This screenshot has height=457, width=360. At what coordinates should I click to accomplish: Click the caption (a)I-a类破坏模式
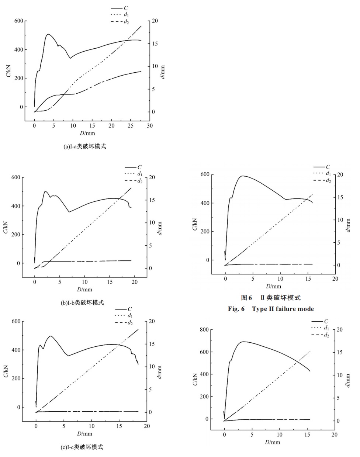click(x=85, y=146)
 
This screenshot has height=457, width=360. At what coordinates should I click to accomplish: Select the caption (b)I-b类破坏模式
click(x=82, y=302)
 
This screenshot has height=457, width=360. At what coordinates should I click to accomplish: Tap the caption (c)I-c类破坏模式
click(x=82, y=447)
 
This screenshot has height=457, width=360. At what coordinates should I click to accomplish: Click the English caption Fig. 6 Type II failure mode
click(x=271, y=309)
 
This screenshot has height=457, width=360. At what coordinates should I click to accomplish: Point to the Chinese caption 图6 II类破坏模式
click(x=271, y=298)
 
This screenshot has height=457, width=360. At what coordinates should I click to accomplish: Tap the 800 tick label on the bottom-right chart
click(x=204, y=330)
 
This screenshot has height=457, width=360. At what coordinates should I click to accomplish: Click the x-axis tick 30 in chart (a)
click(x=149, y=126)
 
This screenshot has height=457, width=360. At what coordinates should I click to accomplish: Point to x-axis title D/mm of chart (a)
click(x=87, y=133)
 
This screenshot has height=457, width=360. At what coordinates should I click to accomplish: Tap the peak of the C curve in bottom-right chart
click(x=243, y=342)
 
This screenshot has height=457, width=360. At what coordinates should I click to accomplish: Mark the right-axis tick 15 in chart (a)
click(x=155, y=44)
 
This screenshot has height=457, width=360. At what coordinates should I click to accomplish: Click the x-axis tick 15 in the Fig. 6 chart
click(x=308, y=279)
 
